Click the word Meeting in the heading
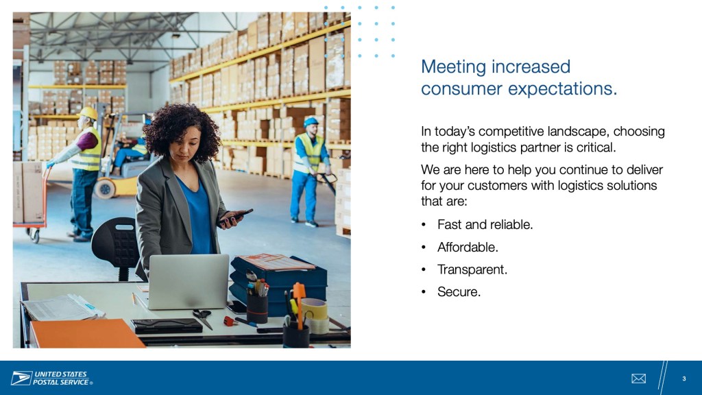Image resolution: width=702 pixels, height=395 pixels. coord(453,67)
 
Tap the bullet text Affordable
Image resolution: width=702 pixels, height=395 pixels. coord(468,247)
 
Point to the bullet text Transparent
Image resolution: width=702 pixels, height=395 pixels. coord(472,270)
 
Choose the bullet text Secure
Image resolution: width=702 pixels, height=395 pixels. coord(459,292)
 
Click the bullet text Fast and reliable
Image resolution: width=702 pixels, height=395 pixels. coord(485,224)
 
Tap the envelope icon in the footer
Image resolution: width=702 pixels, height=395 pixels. coord(638,379)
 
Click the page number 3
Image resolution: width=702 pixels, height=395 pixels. coord(683,379)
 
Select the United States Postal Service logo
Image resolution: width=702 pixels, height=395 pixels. coord(52,378)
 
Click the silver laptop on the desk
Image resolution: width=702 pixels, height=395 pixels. coord(188,281)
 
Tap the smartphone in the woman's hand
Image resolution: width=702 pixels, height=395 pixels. coord(236,216)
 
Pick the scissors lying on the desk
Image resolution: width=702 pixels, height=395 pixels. coord(203,318)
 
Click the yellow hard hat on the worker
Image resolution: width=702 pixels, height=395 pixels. coord(88,112)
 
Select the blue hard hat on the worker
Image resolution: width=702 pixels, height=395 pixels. coord(311,121)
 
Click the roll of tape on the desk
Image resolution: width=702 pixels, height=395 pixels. coord(315,315)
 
